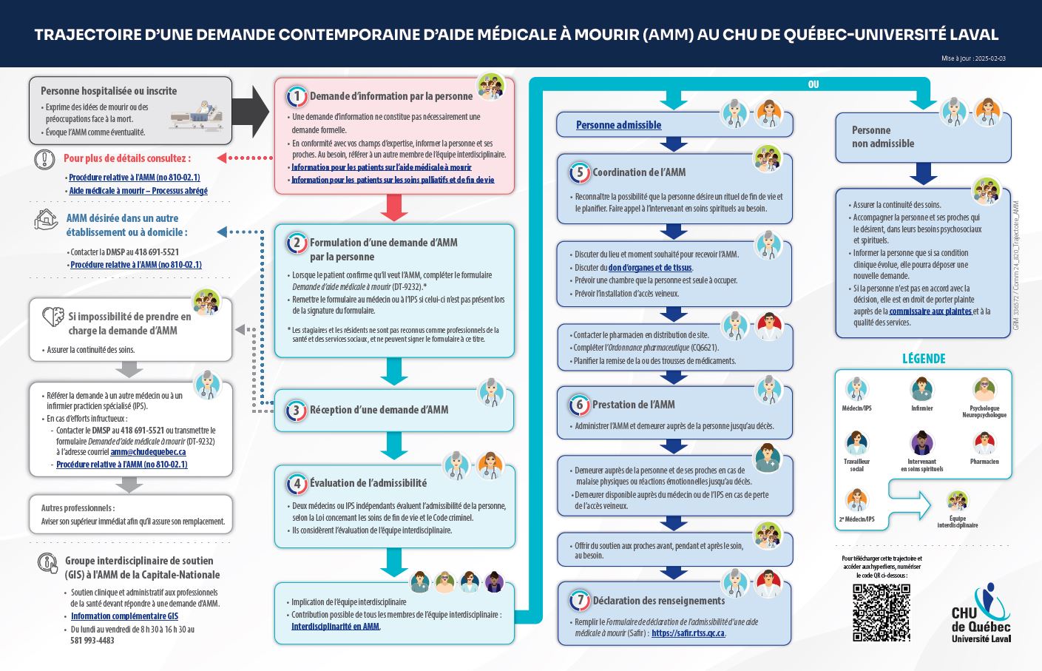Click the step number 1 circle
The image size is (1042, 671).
point(297,96)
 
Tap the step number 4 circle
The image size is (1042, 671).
point(297,484)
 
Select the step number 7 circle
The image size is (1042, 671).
point(580,601)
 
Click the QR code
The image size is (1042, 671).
point(881,612)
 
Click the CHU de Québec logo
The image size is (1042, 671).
point(981,614)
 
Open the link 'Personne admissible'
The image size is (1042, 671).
point(618,125)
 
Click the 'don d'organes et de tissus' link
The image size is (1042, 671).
point(650,268)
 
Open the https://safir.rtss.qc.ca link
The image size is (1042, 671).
point(688,633)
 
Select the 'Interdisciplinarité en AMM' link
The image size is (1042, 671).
point(335,627)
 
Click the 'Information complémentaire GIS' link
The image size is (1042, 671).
point(124,616)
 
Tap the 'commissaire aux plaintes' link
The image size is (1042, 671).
point(930,311)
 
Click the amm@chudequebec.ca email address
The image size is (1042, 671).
point(148,452)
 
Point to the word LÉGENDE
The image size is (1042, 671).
point(924,359)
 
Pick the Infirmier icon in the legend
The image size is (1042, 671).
point(921,389)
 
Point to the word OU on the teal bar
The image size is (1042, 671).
point(813,84)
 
